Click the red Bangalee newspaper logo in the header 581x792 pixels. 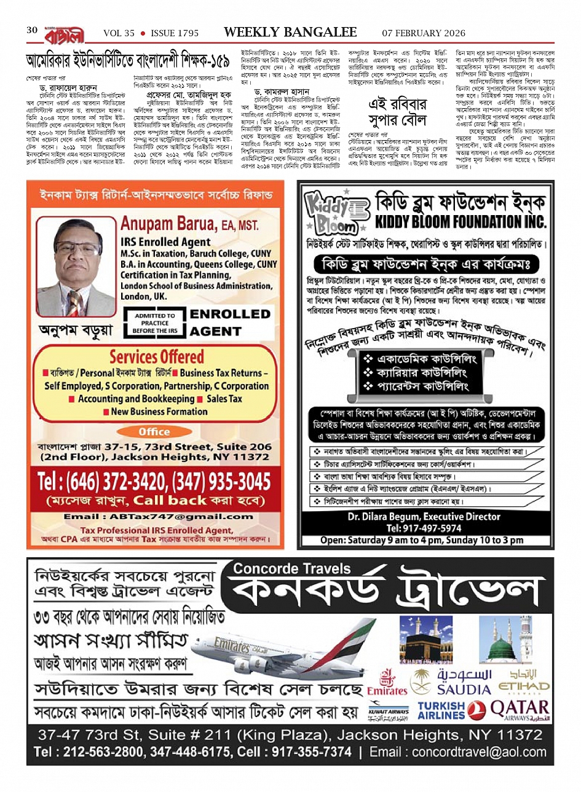[x=63, y=34]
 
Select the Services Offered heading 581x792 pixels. [x=156, y=356]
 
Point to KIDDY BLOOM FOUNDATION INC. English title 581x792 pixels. [x=460, y=221]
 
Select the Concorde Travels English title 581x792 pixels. [x=291, y=568]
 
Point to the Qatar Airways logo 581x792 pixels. [x=520, y=710]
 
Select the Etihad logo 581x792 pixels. [x=524, y=681]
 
